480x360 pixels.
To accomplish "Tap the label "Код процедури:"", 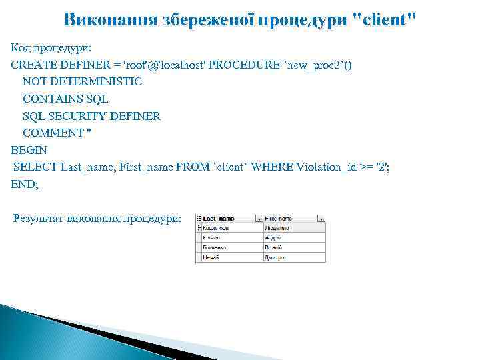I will (x=51, y=49).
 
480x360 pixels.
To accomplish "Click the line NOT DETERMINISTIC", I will (x=82, y=82).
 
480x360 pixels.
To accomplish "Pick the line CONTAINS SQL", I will (x=65, y=99).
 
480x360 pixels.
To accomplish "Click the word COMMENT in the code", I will (x=53, y=133).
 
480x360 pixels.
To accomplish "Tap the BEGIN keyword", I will (x=29, y=151).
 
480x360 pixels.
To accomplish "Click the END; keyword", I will (x=25, y=185).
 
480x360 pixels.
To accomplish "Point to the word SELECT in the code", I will (x=35, y=167).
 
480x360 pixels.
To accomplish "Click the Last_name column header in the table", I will (x=219, y=218).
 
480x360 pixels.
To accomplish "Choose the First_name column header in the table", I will (x=279, y=218).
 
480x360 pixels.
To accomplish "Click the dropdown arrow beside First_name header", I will (x=321, y=218).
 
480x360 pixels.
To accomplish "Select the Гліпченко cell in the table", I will (x=216, y=247).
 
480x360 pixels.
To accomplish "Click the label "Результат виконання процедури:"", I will (x=97, y=219).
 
